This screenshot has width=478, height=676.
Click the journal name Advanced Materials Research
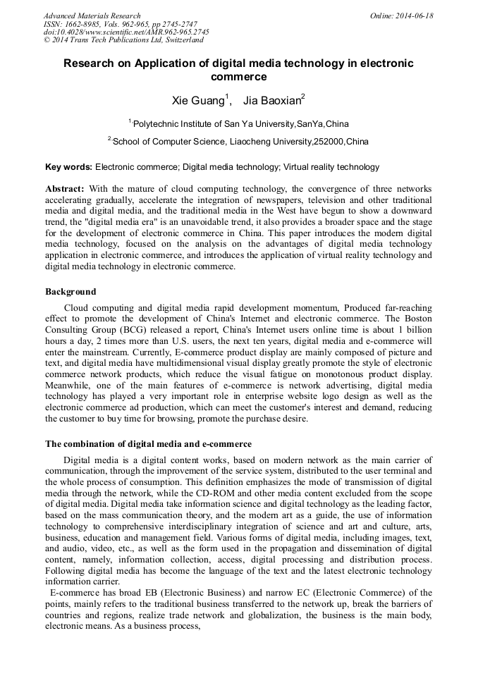tap(92, 16)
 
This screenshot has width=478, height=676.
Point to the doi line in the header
tap(126, 32)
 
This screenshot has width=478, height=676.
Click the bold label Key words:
tap(68, 167)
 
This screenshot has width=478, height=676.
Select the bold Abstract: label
tap(65, 190)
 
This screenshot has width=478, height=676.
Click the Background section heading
tap(71, 291)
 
